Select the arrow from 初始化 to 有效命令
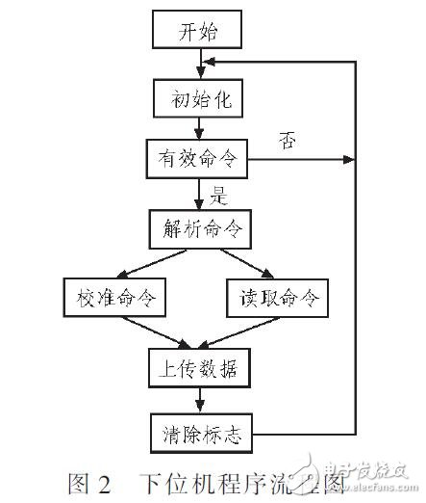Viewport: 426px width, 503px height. (x=199, y=126)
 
